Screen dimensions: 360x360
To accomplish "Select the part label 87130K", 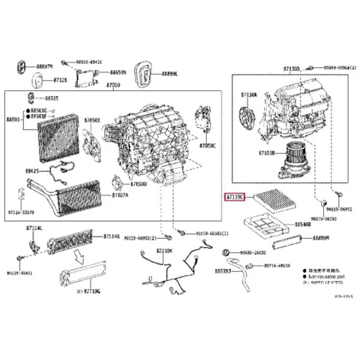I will point(249,95).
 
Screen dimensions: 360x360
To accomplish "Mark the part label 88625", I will point(32,171).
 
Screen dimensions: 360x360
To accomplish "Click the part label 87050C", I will point(207,146).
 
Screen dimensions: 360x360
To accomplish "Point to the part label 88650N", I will point(118,72).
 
